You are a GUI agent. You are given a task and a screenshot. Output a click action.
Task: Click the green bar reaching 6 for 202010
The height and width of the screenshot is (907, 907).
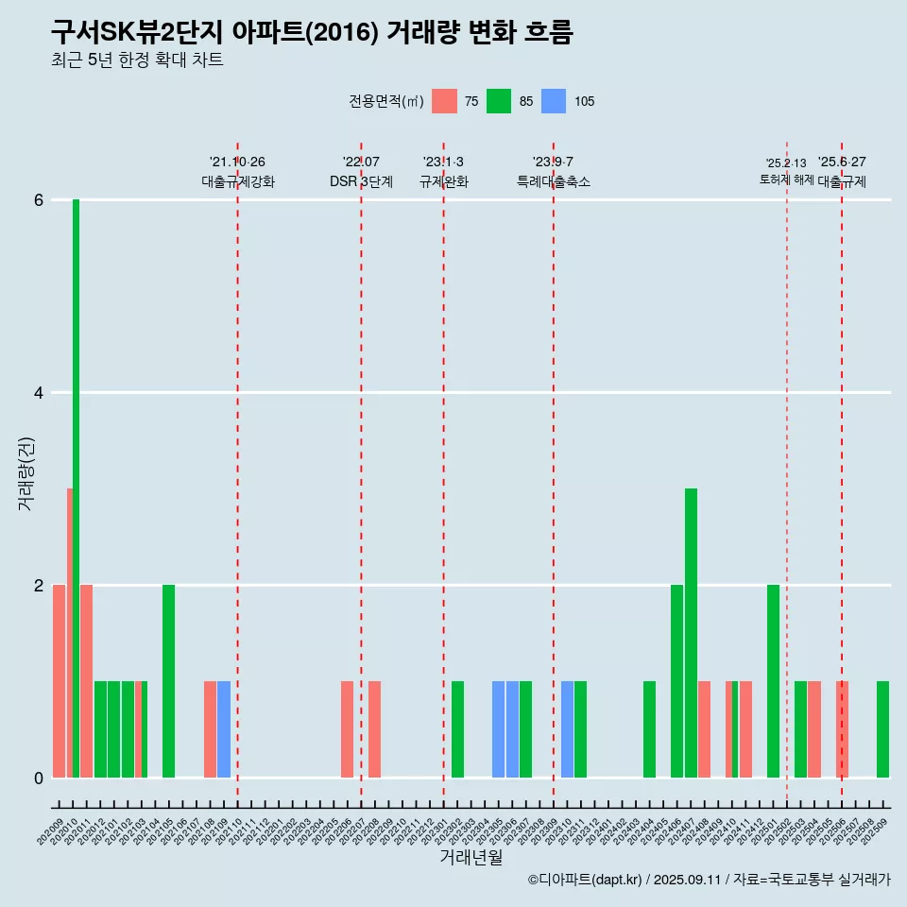[x=76, y=488]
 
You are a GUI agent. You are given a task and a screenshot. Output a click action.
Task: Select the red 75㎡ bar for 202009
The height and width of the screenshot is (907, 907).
[x=59, y=681]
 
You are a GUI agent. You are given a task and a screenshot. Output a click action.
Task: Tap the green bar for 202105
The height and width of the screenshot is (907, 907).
[x=168, y=681]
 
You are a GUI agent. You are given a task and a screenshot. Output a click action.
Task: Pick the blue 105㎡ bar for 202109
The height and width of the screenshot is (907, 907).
[x=224, y=729]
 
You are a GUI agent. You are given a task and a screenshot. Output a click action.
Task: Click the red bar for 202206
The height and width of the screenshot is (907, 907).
[x=347, y=729]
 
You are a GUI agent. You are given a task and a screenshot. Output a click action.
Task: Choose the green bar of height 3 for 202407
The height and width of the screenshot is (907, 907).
[x=691, y=633]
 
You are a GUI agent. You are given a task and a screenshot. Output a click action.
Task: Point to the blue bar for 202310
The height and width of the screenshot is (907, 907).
[x=567, y=729]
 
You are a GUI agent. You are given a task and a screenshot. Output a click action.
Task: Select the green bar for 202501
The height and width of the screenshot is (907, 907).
[x=773, y=681]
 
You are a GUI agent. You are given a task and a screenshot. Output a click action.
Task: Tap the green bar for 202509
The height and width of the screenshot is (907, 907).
[x=882, y=729]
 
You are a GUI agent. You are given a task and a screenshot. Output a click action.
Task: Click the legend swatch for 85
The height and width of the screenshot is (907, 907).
[x=499, y=101]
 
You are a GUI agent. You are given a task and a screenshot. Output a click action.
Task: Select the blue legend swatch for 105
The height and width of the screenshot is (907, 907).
[x=554, y=101]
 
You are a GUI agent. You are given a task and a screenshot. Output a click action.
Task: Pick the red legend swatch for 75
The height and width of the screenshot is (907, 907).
[x=444, y=101]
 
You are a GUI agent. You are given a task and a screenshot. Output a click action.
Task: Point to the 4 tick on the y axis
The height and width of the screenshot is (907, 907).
[x=39, y=393]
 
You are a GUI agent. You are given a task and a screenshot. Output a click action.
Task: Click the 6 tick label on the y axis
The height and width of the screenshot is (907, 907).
[x=39, y=200]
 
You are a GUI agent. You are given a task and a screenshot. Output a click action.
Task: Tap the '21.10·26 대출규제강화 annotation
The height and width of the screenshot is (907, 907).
[x=238, y=172]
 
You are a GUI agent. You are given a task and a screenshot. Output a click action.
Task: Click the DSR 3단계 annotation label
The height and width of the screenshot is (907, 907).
[x=361, y=181]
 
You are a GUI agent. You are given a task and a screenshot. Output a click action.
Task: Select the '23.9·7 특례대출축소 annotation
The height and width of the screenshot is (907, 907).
[x=554, y=172]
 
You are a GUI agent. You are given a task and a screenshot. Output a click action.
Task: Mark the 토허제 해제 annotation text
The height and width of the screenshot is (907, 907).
[x=787, y=179]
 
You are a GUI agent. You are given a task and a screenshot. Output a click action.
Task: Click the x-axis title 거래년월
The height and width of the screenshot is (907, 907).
[x=471, y=857]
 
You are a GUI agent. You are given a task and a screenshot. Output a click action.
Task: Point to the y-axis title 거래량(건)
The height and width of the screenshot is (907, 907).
[x=26, y=473]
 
